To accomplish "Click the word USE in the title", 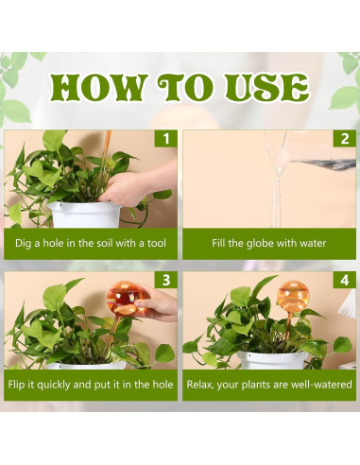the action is pos(266,87).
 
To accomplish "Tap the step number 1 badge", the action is pos(166,139).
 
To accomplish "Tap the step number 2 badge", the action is pos(345,139).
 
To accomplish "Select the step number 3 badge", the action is pos(166,280).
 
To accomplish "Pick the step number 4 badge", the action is pos(345,280).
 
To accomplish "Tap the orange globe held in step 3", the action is pos(125,299).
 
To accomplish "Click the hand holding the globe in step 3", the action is pos(157,304).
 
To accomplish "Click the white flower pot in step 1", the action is pos(85,215).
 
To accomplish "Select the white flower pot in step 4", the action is pos(273,360).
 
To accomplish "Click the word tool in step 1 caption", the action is pos(157,243).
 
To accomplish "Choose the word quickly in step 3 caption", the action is pos(54,385).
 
